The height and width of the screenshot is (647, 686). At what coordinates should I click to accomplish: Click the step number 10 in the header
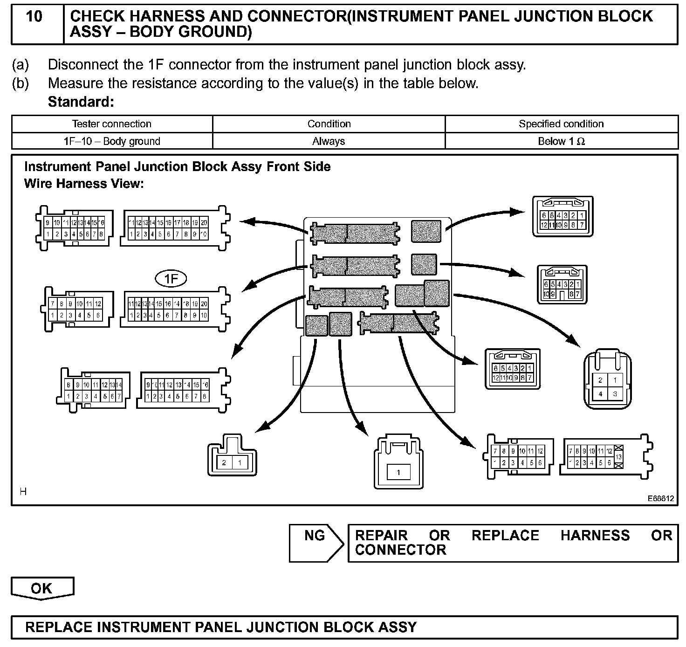[x=34, y=17]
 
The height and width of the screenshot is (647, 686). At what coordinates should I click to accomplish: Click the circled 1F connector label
[x=171, y=279]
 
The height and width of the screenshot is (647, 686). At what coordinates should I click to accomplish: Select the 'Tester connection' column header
[x=112, y=124]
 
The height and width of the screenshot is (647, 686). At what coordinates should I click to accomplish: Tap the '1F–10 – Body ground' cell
[x=112, y=141]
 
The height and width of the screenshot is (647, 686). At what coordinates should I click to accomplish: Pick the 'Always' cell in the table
[x=329, y=141]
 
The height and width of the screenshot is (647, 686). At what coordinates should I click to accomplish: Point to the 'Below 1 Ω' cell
[x=561, y=141]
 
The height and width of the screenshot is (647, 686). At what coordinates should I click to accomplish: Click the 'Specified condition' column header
[x=561, y=124]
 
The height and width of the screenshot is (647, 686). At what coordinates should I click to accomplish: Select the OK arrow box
[x=42, y=588]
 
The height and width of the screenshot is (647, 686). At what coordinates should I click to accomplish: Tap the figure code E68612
[x=660, y=498]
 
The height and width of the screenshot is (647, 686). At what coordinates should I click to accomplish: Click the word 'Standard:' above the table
[x=81, y=102]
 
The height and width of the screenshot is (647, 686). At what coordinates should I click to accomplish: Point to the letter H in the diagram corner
[x=23, y=491]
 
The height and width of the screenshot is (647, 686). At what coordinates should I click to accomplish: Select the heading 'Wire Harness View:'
[x=84, y=184]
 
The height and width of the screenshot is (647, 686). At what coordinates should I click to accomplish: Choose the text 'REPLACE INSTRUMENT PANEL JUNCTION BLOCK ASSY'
[x=221, y=627]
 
